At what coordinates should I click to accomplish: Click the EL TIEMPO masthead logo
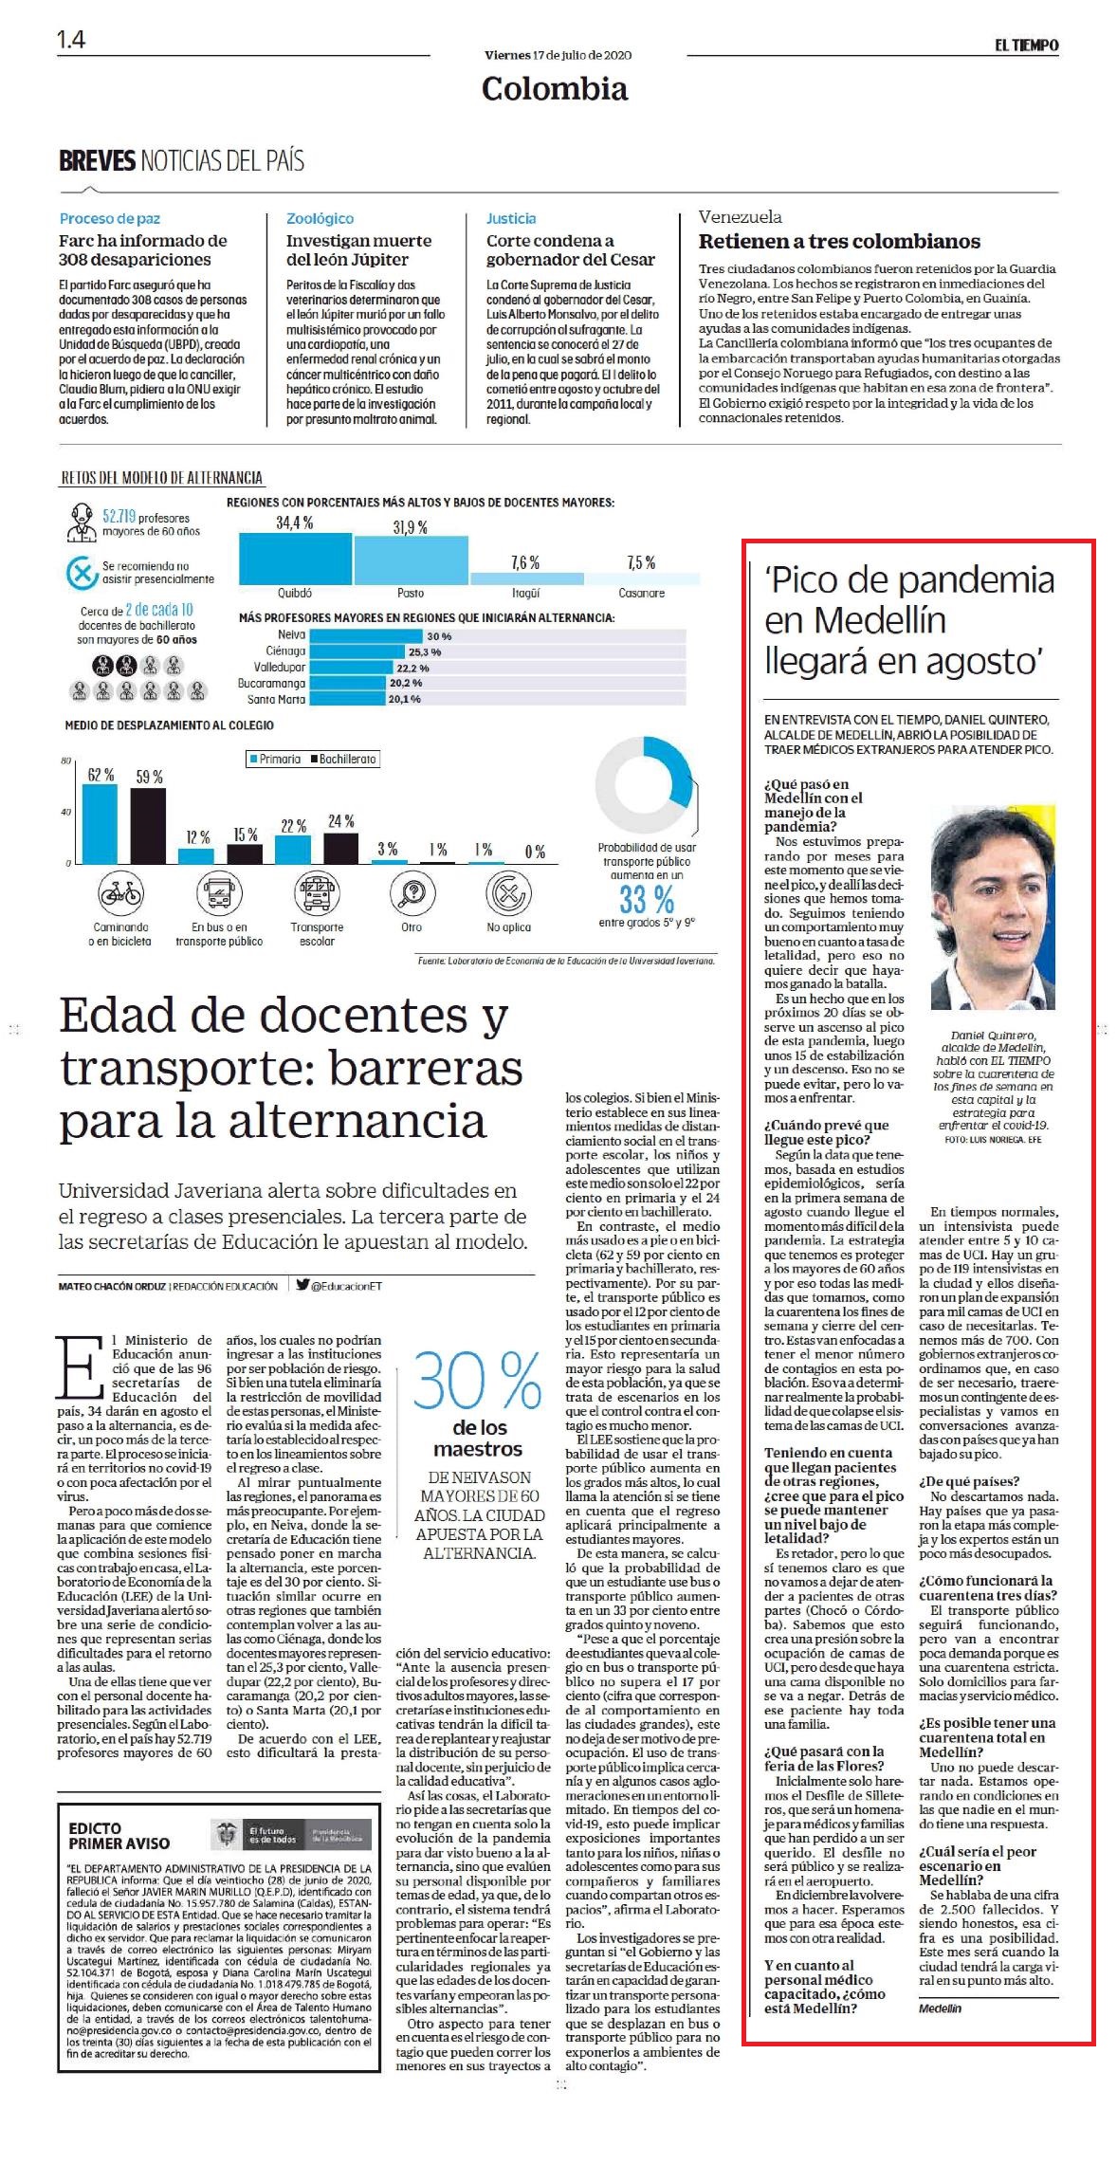pyautogui.click(x=1026, y=45)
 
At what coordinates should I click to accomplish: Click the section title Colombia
pyautogui.click(x=555, y=88)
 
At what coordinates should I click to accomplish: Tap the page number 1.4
pyautogui.click(x=71, y=39)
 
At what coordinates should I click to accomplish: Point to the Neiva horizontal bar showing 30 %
pyautogui.click(x=366, y=635)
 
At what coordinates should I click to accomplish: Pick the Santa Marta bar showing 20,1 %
pyautogui.click(x=348, y=699)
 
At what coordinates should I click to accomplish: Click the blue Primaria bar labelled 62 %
pyautogui.click(x=100, y=823)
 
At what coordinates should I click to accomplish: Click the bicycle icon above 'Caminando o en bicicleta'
pyautogui.click(x=120, y=892)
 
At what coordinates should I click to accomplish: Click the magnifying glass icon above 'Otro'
pyautogui.click(x=412, y=892)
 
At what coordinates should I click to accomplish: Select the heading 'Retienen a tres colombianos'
pyautogui.click(x=839, y=241)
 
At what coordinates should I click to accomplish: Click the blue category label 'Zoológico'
pyautogui.click(x=320, y=218)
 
